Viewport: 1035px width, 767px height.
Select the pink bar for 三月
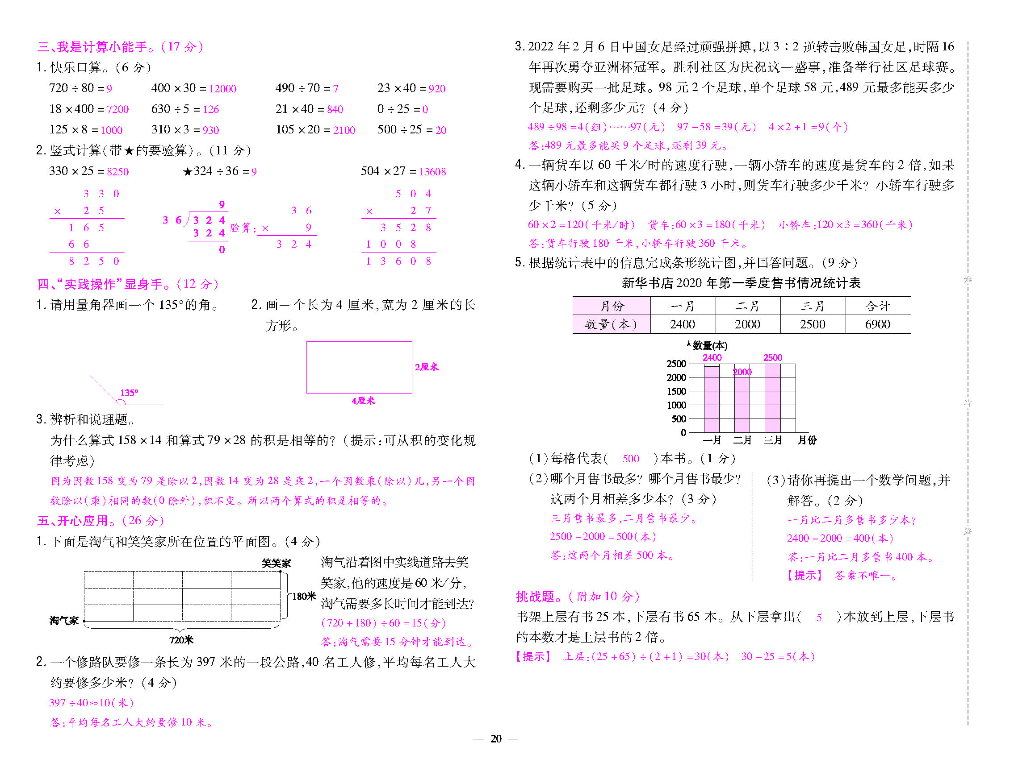(772, 398)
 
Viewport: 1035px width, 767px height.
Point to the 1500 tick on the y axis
(676, 391)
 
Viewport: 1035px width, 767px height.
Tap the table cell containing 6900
(877, 324)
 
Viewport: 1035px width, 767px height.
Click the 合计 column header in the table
(877, 306)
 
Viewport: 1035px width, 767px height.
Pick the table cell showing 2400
(682, 324)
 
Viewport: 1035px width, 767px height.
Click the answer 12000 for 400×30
(222, 89)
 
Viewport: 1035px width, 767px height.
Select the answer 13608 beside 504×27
(432, 172)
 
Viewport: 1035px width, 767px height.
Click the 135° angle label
(129, 393)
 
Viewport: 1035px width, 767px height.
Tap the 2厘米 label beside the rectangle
(426, 367)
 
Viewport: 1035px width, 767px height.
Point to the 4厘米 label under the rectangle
(363, 401)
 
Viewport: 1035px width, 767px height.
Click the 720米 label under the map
(181, 640)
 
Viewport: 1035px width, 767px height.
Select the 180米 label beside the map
(303, 596)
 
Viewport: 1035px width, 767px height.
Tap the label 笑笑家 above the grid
(276, 563)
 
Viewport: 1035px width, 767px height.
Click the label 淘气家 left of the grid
(64, 621)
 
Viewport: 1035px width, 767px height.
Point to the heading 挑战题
(536, 597)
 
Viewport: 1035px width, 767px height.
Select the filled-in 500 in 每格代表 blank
(630, 459)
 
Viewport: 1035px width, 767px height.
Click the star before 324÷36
(187, 172)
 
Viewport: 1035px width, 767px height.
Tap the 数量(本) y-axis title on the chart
(710, 345)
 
